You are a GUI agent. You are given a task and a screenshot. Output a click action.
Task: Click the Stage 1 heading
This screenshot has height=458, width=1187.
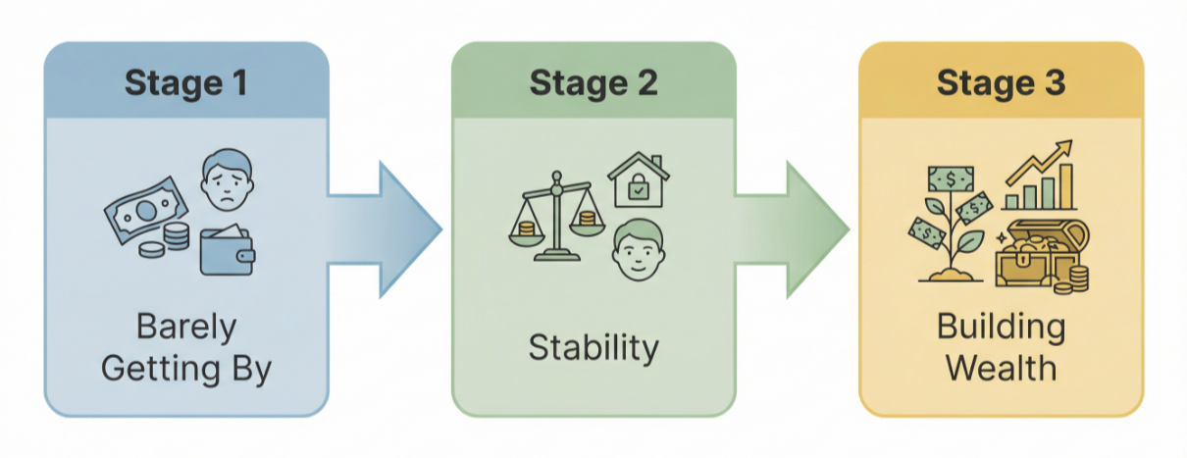185,82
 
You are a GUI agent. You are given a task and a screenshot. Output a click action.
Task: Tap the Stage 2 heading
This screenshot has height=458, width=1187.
593,82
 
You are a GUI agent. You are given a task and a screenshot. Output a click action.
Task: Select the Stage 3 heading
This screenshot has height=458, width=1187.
1001,82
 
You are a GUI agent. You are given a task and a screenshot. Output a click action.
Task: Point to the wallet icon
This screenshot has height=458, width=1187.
228,252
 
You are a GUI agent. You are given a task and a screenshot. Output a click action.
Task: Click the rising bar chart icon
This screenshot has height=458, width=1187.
1041,178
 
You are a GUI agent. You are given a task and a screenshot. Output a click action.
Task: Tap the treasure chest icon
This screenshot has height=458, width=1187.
1038,252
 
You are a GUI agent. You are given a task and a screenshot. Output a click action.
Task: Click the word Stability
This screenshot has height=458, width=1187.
593,348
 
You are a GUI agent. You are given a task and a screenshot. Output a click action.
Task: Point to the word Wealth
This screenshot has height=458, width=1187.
1001,369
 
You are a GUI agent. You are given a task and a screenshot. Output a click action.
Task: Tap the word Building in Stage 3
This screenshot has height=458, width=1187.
1001,326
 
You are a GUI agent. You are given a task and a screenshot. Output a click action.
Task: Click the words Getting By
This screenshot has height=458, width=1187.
185,370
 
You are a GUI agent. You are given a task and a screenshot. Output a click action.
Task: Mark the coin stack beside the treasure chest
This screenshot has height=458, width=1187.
1078,279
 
